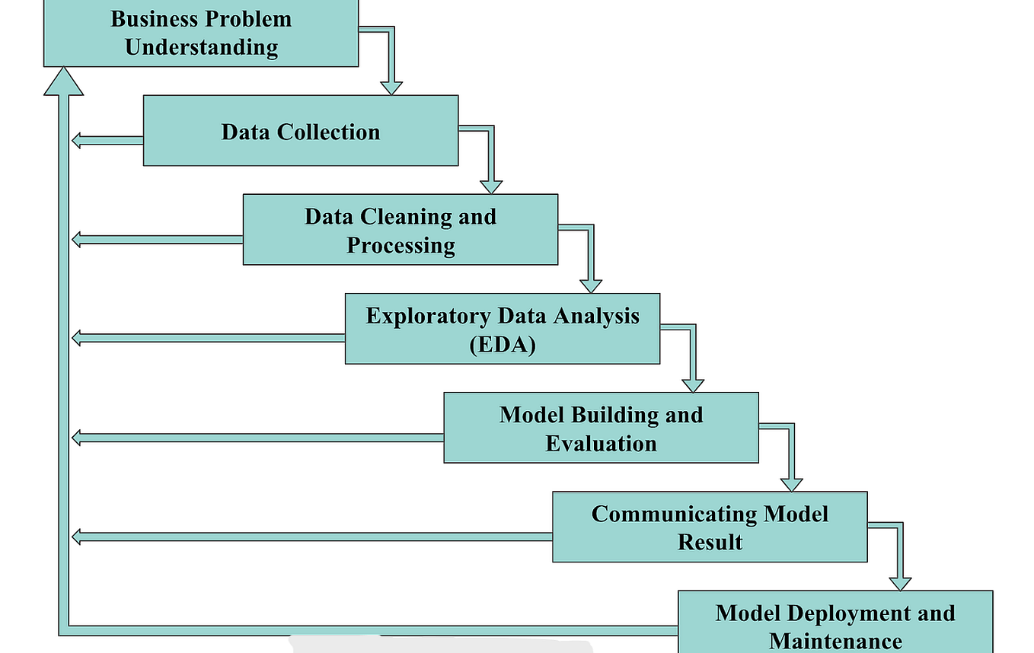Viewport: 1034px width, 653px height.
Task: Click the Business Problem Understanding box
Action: point(201,33)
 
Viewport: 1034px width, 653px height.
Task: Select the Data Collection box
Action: point(301,131)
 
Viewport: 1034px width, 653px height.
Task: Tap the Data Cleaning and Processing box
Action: point(400,230)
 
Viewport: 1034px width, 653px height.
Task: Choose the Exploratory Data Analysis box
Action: point(502,329)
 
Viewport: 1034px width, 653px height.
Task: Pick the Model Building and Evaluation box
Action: point(601,428)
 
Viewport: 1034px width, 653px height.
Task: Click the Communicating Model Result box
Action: point(709,527)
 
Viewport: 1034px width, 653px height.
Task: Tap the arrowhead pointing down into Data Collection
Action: point(391,87)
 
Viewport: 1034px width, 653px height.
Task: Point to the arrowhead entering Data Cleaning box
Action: point(491,186)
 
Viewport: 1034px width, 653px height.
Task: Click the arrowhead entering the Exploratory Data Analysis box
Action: point(591,285)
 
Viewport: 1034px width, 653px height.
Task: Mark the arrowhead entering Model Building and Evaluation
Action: point(692,384)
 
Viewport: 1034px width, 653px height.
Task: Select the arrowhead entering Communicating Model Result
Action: point(792,483)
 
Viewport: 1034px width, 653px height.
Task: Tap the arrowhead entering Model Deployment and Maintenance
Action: point(900,582)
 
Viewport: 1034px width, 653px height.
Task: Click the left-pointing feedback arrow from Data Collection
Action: point(107,139)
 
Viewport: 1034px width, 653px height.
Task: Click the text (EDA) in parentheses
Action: point(503,344)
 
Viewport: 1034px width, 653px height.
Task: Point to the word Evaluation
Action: point(601,443)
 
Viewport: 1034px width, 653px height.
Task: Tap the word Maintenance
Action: point(835,640)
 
